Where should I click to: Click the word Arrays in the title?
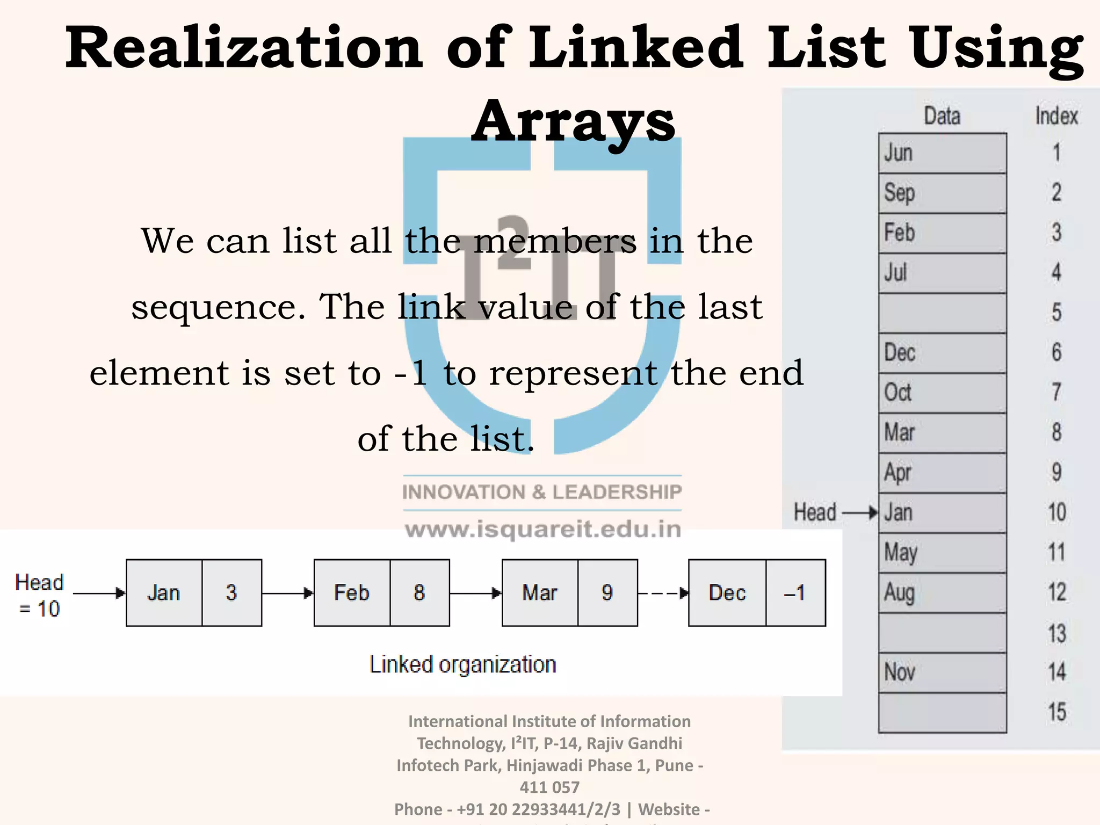pos(573,121)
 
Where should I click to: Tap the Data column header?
pos(942,116)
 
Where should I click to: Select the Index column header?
pos(1056,116)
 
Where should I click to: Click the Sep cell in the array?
pos(942,193)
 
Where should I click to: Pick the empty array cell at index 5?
pos(942,313)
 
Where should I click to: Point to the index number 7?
pos(1056,392)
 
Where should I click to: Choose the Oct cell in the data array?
pos(942,393)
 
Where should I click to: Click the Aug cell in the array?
pos(942,592)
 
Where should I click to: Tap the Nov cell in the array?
pos(942,672)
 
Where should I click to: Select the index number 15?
pos(1056,712)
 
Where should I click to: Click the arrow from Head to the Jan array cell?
pos(860,513)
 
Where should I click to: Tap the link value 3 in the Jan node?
pos(231,592)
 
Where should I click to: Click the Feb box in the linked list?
pos(352,592)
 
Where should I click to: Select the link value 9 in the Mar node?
pos(607,592)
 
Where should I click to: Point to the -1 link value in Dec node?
pos(795,592)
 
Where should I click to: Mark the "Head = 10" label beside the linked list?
pos(39,595)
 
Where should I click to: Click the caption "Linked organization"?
pos(462,665)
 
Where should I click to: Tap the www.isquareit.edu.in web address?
pos(542,530)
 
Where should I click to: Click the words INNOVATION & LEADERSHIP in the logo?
pos(542,492)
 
